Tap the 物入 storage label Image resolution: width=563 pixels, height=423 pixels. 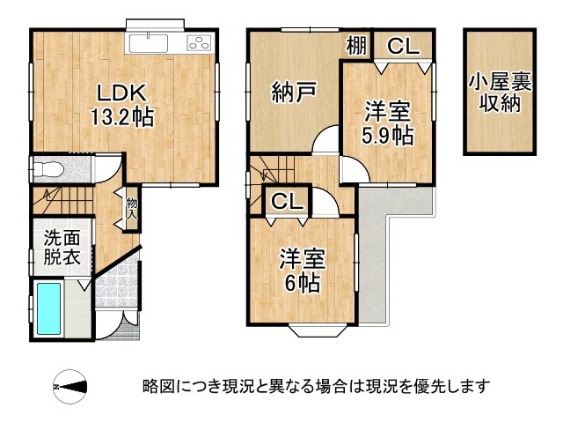(132, 209)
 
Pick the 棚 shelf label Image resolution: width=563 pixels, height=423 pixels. (355, 45)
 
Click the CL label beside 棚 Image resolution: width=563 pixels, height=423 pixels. (403, 46)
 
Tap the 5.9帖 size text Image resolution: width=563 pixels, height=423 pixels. (388, 136)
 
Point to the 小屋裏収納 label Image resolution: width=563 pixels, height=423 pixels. (499, 93)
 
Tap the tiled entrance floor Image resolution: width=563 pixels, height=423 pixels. (115, 295)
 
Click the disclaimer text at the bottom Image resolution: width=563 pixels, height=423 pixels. (315, 386)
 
